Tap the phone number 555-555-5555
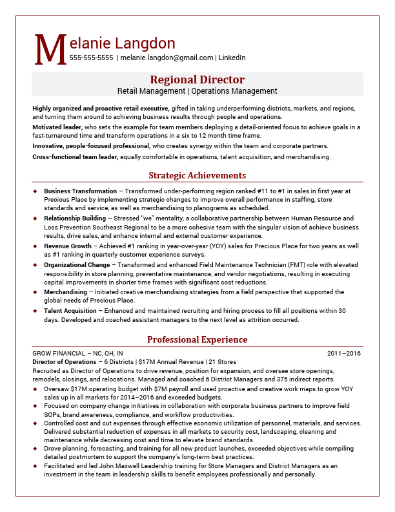91,58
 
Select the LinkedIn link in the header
232,58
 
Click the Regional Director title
197,80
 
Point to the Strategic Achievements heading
197,175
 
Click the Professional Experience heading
197,339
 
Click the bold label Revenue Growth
67,246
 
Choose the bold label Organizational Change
77,265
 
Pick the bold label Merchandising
65,292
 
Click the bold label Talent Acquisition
70,310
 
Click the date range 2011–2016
343,354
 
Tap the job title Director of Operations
65,362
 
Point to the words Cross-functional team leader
75,156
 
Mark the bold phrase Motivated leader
57,127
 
